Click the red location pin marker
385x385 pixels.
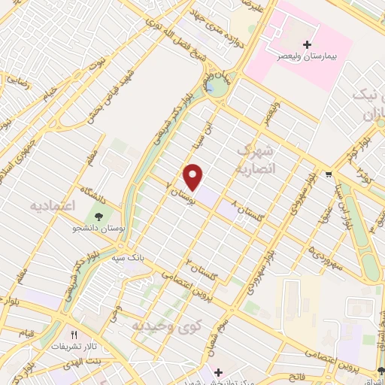(194, 177)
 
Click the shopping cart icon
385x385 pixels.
(329, 175)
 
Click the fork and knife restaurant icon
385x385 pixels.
(74, 335)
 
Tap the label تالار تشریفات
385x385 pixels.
(74, 347)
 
